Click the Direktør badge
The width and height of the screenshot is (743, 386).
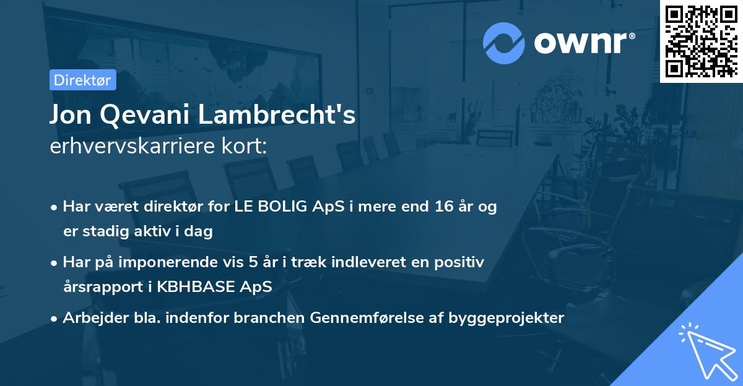tap(82, 80)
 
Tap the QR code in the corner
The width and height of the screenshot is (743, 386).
tap(701, 41)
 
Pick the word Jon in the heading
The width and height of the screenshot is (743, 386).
tap(68, 116)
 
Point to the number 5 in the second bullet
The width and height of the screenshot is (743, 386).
tap(253, 262)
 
